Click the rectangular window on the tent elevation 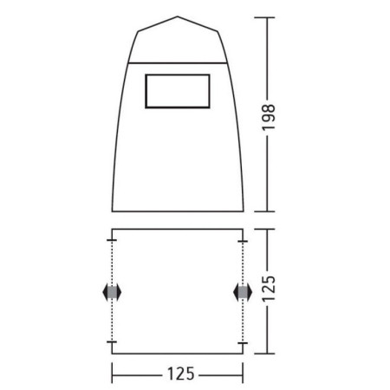point(179,92)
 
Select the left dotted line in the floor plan point(112,260)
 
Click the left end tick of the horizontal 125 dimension point(113,374)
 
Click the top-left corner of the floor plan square point(113,230)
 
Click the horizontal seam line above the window point(179,62)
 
